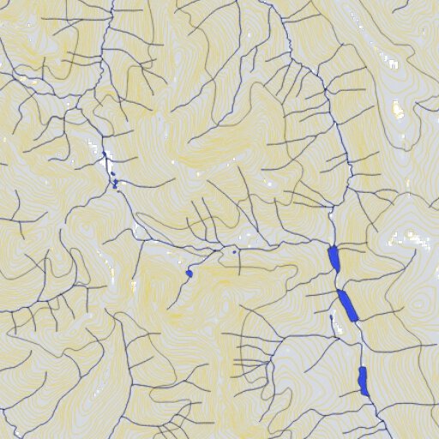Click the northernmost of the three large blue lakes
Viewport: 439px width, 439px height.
click(334, 259)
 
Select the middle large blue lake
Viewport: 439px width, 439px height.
click(347, 304)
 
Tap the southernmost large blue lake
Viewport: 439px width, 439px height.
click(363, 380)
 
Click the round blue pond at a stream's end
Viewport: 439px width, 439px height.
click(189, 273)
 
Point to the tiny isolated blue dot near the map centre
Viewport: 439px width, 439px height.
click(235, 252)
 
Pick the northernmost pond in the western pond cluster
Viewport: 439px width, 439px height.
click(104, 154)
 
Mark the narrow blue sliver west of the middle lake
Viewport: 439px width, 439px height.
click(332, 321)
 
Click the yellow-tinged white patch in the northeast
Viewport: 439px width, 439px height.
click(398, 110)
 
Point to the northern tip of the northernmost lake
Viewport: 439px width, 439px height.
click(331, 247)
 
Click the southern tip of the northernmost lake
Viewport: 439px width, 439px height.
click(337, 273)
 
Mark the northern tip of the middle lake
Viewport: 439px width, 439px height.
click(340, 290)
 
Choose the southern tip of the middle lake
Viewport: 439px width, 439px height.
click(355, 321)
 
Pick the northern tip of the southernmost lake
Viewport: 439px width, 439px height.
click(361, 367)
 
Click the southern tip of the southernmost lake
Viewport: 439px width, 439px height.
click(366, 395)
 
